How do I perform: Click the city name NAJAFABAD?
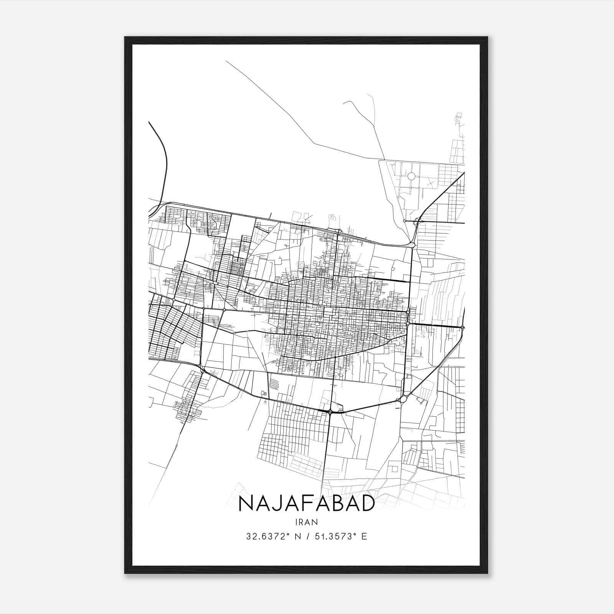pos(306,503)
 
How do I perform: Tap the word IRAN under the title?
pos(307,522)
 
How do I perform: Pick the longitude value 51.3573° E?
pos(340,536)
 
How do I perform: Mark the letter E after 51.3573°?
pos(364,536)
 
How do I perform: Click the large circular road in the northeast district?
pos(411,176)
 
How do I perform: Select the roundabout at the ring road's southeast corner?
pos(403,399)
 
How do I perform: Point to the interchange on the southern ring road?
pos(330,411)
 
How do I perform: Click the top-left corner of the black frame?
pos(125,38)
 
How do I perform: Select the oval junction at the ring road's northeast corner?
pos(412,244)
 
